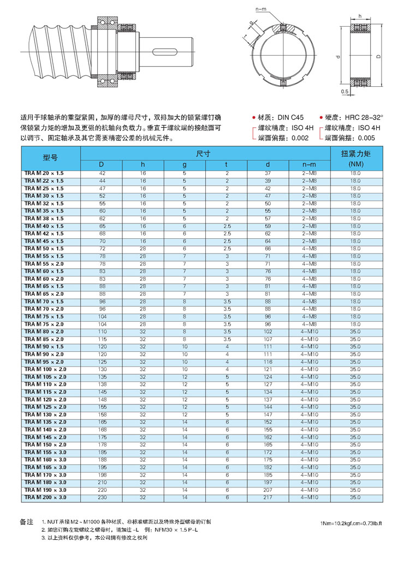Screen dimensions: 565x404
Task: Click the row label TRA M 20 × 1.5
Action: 44,173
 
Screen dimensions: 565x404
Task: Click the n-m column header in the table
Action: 309,164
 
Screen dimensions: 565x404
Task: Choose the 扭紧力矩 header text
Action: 355,154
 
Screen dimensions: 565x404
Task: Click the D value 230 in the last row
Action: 102,498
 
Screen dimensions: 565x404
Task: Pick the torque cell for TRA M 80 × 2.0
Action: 355,332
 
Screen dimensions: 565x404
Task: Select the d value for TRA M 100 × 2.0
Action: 268,369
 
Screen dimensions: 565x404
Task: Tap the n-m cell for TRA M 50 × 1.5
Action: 309,249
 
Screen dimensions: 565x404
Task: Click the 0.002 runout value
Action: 300,138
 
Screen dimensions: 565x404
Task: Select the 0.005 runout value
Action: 366,138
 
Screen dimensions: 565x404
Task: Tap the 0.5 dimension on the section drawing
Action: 344,92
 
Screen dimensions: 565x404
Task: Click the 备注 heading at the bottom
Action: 27,522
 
